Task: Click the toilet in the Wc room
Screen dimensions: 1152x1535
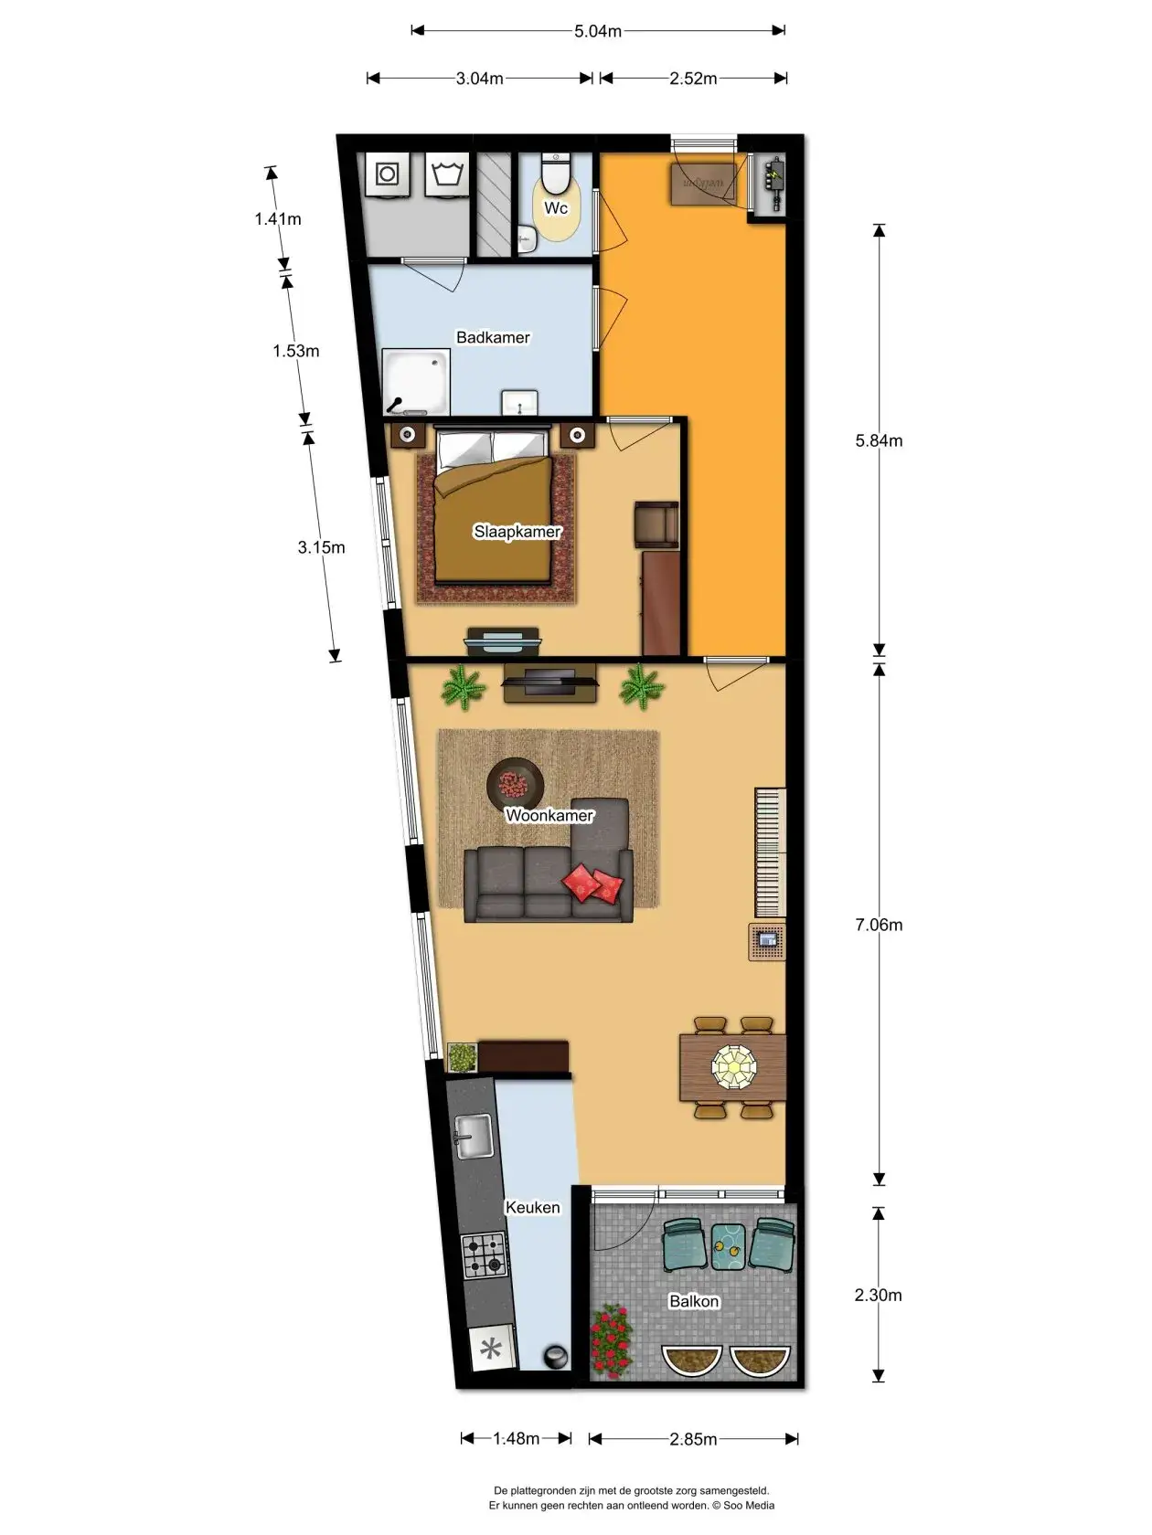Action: pos(557,174)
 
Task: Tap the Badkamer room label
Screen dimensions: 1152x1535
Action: pos(493,337)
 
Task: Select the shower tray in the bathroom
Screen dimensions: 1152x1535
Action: pos(415,383)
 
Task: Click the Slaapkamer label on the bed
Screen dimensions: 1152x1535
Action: pos(517,532)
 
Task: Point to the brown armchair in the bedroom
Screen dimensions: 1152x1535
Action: pos(656,524)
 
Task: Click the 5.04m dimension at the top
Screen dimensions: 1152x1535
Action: pos(598,31)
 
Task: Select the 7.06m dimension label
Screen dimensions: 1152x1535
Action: pos(879,925)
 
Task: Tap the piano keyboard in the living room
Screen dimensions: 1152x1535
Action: pos(770,852)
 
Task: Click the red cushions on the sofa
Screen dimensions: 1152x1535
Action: pos(592,884)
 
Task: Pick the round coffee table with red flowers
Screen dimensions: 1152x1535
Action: pos(516,784)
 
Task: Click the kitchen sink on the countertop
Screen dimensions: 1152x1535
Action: pos(474,1137)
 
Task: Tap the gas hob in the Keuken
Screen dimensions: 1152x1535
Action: pos(484,1254)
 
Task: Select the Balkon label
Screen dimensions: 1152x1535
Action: pos(693,1301)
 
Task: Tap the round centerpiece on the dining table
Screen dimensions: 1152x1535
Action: pos(734,1068)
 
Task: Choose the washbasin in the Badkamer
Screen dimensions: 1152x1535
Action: pos(519,403)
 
